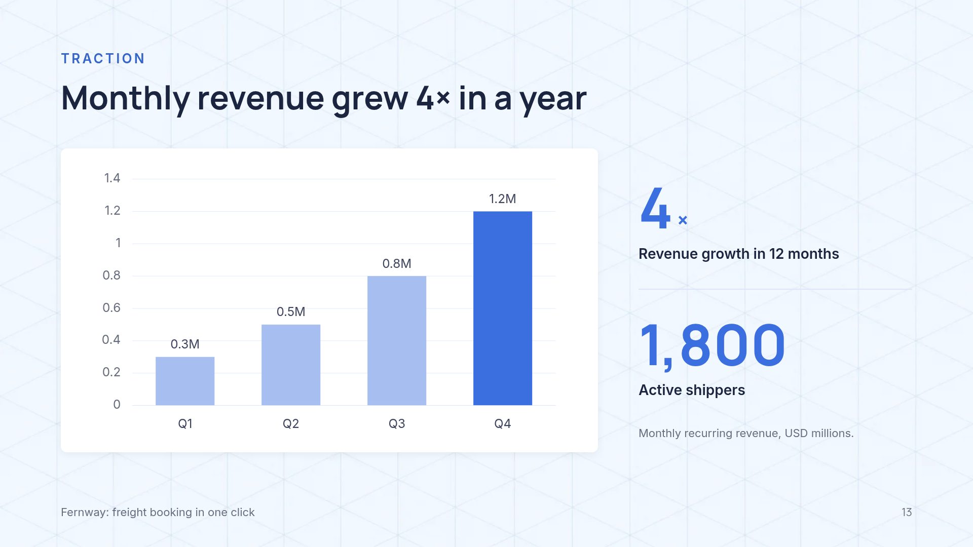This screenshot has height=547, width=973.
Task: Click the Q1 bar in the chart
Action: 185,381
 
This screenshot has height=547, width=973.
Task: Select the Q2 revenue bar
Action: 291,365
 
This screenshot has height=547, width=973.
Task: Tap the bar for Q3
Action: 397,340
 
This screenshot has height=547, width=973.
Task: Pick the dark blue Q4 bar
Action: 503,308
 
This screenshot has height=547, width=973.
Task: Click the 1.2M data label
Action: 503,199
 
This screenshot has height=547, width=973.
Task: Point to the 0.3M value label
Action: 185,344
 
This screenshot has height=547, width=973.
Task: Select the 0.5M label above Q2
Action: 291,311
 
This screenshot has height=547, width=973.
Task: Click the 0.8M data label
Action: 397,263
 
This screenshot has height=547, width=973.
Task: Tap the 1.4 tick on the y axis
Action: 112,178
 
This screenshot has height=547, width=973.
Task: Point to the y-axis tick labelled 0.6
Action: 111,307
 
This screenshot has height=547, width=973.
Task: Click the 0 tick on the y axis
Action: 117,404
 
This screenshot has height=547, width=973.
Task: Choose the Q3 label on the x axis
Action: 397,423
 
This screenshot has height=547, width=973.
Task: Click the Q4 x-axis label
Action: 503,423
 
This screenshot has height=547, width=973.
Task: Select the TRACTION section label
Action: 103,59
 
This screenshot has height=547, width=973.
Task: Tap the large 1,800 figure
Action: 713,346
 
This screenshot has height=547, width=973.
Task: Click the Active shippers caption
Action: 692,390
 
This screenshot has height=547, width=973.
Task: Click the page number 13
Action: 907,512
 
